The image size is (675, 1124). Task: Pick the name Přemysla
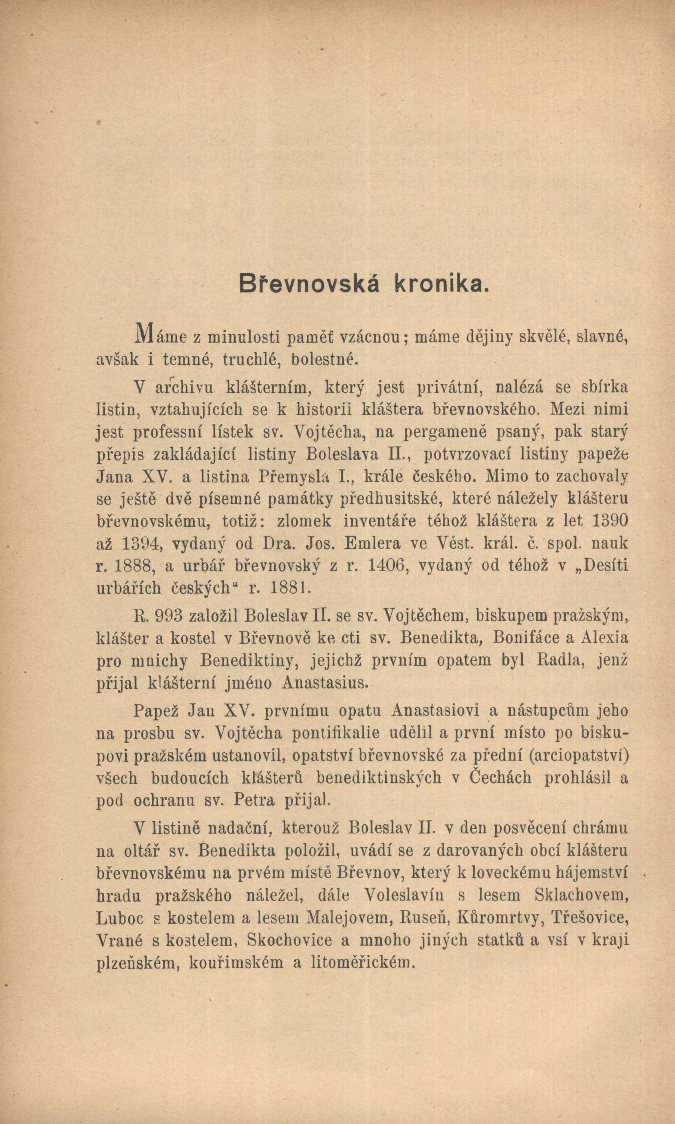click(281, 477)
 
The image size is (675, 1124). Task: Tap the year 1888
click(131, 566)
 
